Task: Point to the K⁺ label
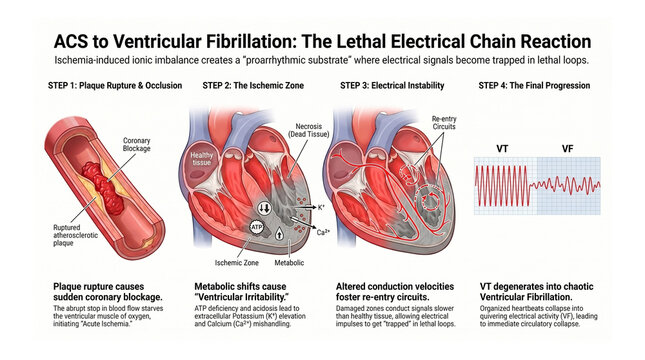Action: [x=320, y=206]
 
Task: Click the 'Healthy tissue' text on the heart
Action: [x=203, y=159]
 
